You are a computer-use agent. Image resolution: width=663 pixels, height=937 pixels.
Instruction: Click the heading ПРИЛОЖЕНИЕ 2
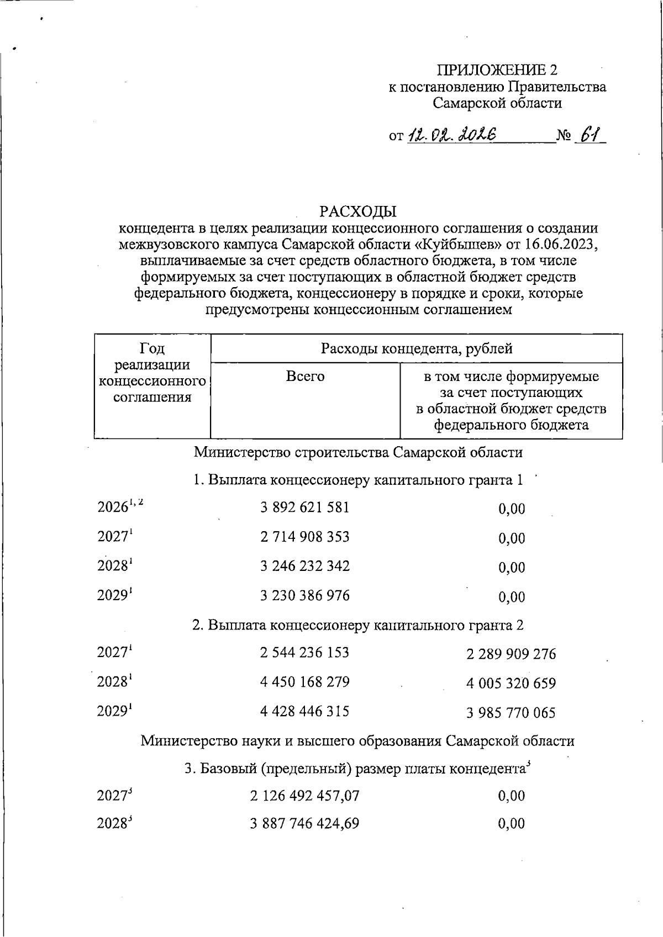pyautogui.click(x=497, y=70)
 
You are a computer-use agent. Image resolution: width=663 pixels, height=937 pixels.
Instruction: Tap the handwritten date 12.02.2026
pyautogui.click(x=452, y=135)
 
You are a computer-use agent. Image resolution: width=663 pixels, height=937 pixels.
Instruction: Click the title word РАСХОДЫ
pyautogui.click(x=358, y=211)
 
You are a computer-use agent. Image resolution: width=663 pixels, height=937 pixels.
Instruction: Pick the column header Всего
pyautogui.click(x=305, y=377)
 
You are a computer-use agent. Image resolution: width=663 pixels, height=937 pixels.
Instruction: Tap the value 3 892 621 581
pyautogui.click(x=305, y=507)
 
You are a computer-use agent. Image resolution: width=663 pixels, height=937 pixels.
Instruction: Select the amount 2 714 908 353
pyautogui.click(x=305, y=537)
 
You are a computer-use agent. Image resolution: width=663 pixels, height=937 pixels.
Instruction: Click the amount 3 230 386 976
pyautogui.click(x=305, y=595)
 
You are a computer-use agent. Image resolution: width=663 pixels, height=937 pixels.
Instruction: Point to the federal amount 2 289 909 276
pyautogui.click(x=511, y=654)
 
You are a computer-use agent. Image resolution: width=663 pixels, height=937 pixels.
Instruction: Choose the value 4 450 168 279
pyautogui.click(x=305, y=682)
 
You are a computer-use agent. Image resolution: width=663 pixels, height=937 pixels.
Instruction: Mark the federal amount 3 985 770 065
pyautogui.click(x=511, y=713)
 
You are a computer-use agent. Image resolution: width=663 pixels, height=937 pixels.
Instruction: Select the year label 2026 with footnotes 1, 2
pyautogui.click(x=120, y=506)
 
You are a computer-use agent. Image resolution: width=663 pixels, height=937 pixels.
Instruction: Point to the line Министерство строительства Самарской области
pyautogui.click(x=358, y=453)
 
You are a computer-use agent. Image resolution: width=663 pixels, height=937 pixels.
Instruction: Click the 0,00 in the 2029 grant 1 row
pyautogui.click(x=512, y=596)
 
